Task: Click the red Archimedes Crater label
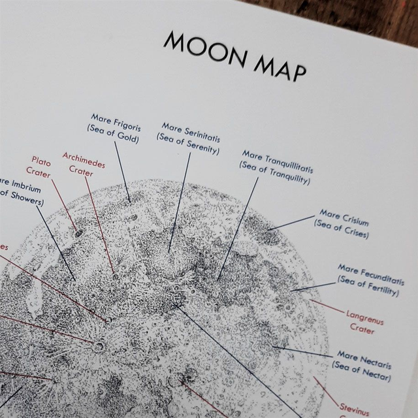[x=83, y=164]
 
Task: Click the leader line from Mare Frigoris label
[x=122, y=170]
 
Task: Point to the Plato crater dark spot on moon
[x=79, y=232]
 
